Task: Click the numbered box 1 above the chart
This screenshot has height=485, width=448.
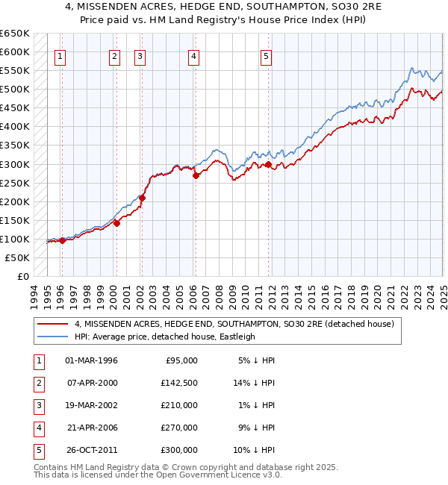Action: [60, 55]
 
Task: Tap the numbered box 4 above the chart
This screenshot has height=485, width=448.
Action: [193, 55]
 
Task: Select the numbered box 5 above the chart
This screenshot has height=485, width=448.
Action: [266, 55]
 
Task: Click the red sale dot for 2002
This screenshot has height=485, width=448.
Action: [142, 198]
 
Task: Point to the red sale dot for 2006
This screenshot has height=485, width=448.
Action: [196, 176]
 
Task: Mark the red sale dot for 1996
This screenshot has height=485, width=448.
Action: [63, 240]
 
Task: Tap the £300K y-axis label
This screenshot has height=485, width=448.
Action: [15, 164]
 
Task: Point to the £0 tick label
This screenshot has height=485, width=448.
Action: [23, 276]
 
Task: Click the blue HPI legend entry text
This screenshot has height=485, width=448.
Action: [164, 337]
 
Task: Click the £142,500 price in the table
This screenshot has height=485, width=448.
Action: [180, 383]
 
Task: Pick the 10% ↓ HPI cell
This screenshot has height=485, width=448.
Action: [257, 450]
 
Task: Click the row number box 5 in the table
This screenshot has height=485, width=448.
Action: [37, 450]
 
